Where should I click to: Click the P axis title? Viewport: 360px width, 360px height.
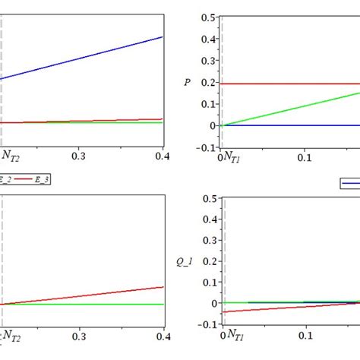click(187, 82)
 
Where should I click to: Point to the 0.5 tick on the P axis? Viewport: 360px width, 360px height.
click(207, 17)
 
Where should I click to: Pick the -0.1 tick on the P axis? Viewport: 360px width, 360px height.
click(204, 147)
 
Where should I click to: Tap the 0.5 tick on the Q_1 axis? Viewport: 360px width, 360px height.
click(207, 199)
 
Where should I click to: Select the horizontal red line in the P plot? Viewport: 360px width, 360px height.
click(289, 84)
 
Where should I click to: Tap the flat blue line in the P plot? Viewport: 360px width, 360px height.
click(289, 125)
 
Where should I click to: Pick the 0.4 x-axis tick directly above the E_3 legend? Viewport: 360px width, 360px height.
click(163, 155)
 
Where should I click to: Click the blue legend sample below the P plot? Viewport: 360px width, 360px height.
click(350, 183)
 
